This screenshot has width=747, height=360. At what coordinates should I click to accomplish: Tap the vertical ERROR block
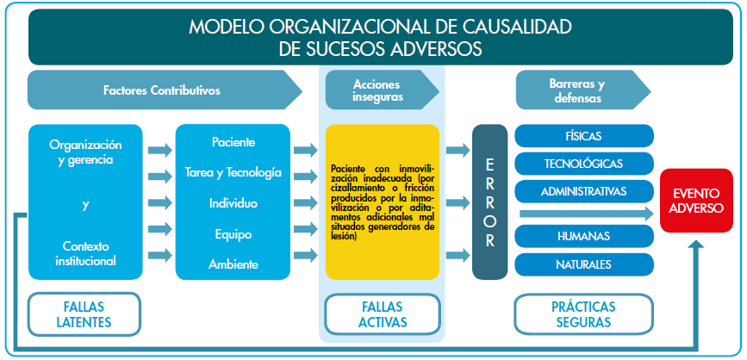[489, 202]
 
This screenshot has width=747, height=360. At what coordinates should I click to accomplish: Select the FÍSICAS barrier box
[583, 137]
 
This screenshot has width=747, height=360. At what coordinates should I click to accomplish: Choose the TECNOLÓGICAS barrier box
[583, 164]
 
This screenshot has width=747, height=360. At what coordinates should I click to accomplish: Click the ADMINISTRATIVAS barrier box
[583, 190]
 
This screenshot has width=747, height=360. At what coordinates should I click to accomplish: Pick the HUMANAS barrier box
[583, 236]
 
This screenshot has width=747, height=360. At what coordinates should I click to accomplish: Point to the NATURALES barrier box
[583, 263]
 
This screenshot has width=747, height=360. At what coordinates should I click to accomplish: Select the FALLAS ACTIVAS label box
[382, 314]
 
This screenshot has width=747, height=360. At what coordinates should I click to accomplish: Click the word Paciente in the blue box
[233, 142]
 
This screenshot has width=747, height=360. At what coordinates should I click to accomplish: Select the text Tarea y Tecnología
[233, 173]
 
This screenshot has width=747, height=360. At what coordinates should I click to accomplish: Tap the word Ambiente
[233, 264]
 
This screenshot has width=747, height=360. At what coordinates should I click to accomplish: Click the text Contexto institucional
[85, 252]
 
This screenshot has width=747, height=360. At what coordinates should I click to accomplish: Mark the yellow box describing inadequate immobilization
[382, 202]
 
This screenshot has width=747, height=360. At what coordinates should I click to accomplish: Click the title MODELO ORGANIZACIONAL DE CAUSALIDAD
[380, 27]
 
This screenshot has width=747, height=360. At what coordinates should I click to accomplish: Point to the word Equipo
[233, 233]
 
